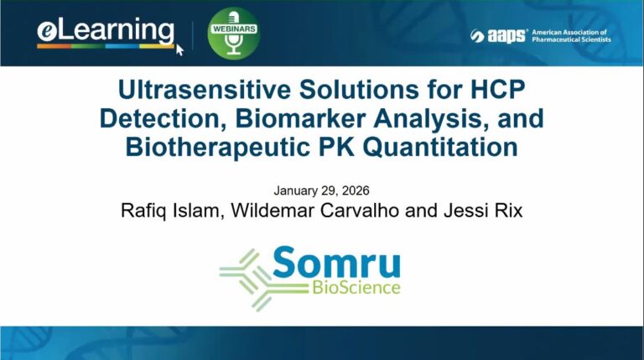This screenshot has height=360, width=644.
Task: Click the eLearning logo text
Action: (x=105, y=32)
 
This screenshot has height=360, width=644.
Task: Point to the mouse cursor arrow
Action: (x=179, y=48)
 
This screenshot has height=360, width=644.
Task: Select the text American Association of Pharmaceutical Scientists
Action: (x=571, y=35)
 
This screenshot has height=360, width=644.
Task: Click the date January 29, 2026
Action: (x=321, y=190)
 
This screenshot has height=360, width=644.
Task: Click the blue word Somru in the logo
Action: (x=335, y=263)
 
